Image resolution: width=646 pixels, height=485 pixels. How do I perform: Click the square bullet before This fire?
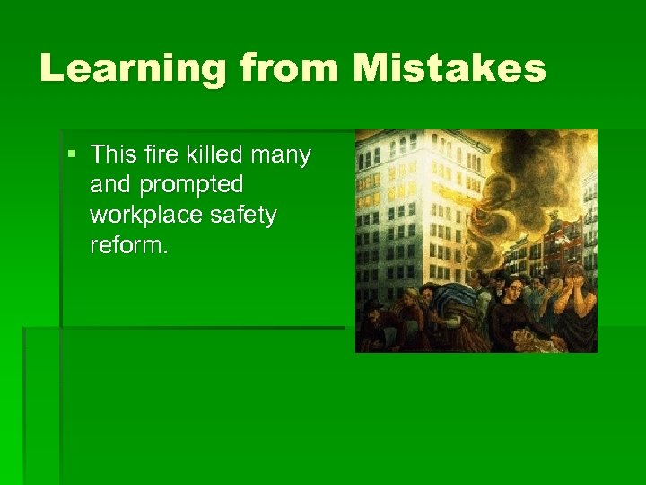pos(73,155)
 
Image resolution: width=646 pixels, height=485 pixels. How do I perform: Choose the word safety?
pos(243,216)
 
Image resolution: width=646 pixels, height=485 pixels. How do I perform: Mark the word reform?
pos(128,245)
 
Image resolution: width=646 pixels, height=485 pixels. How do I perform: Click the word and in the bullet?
pos(109,185)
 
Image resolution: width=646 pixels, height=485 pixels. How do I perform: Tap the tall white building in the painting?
pos(413,207)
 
